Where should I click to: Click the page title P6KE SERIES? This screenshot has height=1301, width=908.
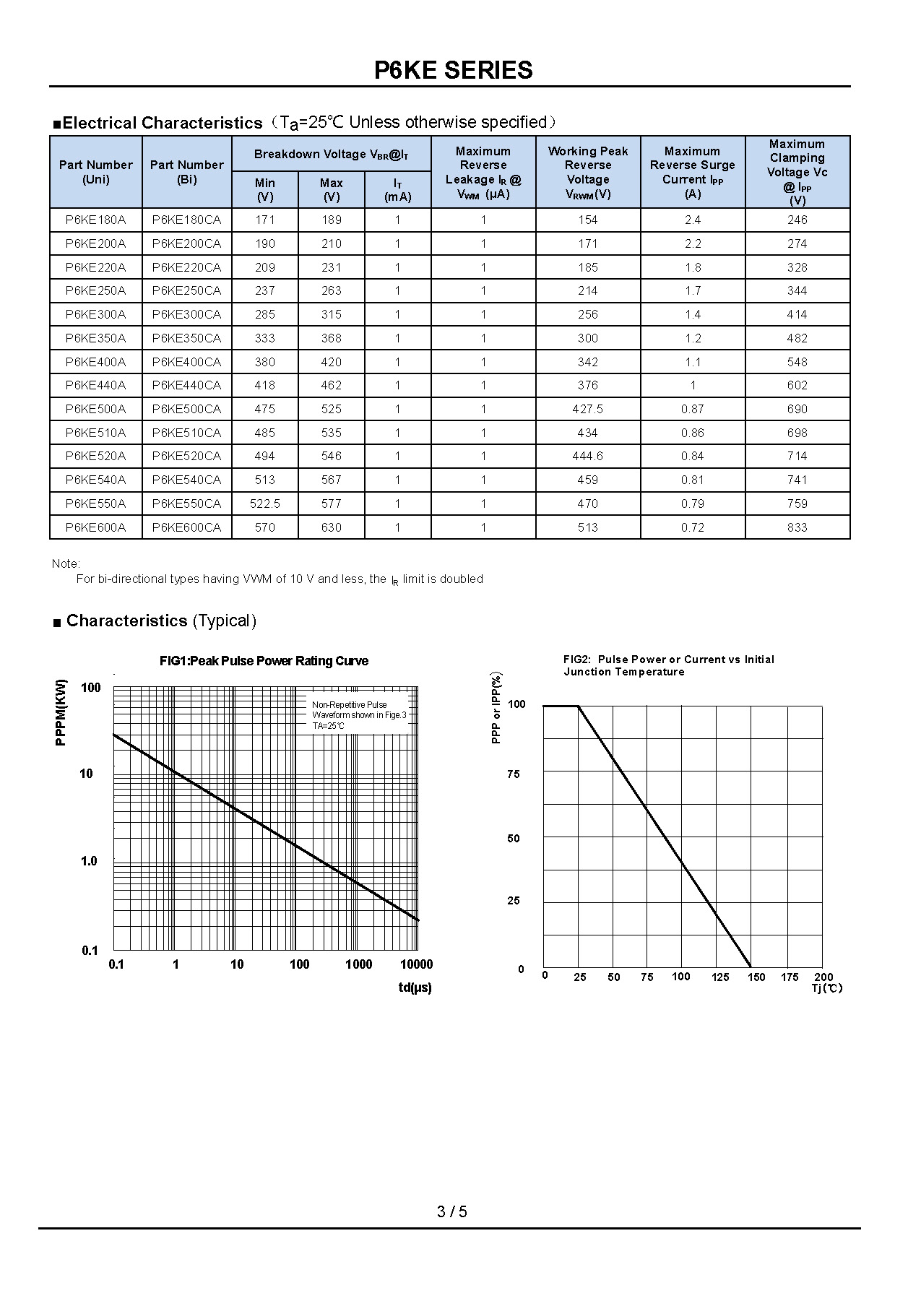(x=453, y=70)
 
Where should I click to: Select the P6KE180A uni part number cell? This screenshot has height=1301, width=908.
(x=95, y=220)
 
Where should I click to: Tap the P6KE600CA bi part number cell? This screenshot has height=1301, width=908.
(x=186, y=527)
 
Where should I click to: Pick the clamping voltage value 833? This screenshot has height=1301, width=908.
(x=797, y=527)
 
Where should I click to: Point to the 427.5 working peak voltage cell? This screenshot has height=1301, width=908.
(x=587, y=409)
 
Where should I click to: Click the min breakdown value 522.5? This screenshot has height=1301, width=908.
(x=265, y=503)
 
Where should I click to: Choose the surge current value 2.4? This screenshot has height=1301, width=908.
(x=692, y=220)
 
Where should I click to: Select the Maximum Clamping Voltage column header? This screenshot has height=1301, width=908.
(x=797, y=172)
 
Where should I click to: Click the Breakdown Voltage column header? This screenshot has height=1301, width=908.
(x=331, y=155)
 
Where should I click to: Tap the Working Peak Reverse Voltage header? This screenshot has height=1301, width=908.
(x=587, y=172)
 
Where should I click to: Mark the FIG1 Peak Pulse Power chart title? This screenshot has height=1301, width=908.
(x=264, y=661)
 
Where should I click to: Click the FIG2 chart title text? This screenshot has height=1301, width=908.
(x=668, y=665)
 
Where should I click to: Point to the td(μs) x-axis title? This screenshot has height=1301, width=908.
(x=415, y=987)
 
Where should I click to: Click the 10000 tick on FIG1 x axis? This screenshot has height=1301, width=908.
(x=416, y=964)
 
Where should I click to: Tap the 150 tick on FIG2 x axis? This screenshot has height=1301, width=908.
(x=756, y=977)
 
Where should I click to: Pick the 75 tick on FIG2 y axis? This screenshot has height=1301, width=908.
(x=513, y=774)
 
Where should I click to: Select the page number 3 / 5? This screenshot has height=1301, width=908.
(x=452, y=1211)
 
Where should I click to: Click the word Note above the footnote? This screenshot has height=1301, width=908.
(x=66, y=563)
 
